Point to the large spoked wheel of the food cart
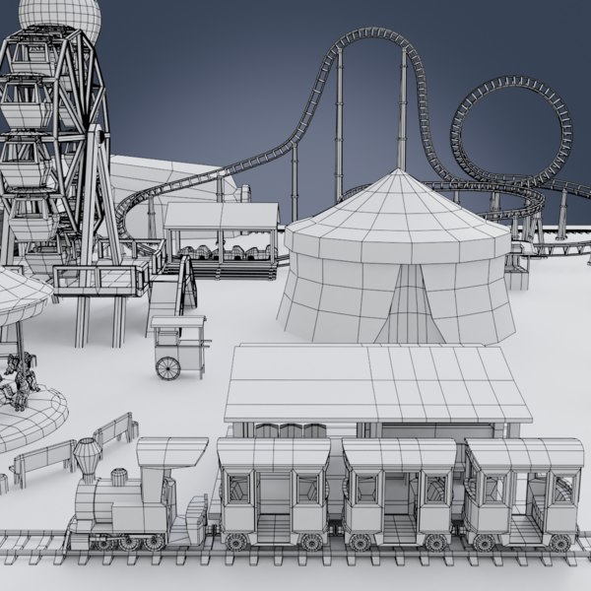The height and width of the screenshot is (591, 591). [x=168, y=367]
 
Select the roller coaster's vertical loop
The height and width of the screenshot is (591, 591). [x=511, y=128]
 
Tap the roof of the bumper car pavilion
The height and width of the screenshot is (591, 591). [x=221, y=215]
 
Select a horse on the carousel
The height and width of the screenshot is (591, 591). [x=17, y=378]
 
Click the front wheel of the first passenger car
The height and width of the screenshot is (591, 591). [x=236, y=542]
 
